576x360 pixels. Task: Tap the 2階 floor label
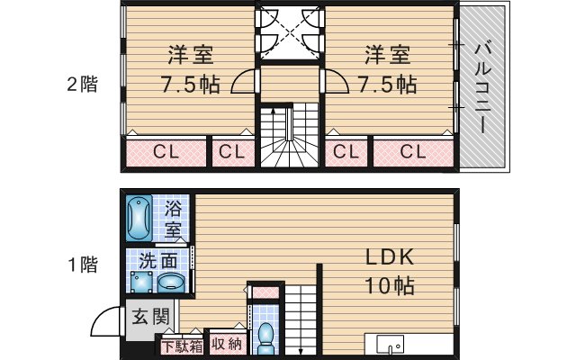tap(82, 85)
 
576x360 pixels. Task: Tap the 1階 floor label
tap(82, 265)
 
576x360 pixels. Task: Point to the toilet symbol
tap(265, 336)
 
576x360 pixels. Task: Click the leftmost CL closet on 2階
tap(164, 151)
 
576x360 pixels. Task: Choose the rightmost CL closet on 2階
tap(411, 151)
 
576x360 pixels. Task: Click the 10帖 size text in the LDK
tap(389, 287)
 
